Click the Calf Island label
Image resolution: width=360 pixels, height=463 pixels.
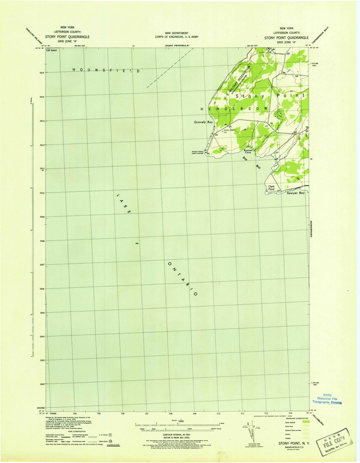[x=51, y=50]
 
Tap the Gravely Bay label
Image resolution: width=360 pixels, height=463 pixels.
[x=203, y=122]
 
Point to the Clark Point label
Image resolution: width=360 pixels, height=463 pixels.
[x=271, y=188]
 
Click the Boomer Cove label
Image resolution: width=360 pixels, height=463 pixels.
[x=248, y=151]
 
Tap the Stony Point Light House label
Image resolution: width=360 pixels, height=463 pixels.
[x=198, y=152]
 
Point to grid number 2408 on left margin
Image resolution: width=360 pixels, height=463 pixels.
[x=42, y=241]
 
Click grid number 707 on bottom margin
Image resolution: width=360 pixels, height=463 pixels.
[x=147, y=414]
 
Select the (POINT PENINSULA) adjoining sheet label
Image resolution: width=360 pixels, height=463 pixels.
[x=177, y=46]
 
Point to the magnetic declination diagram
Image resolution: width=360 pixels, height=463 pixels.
[x=251, y=431]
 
